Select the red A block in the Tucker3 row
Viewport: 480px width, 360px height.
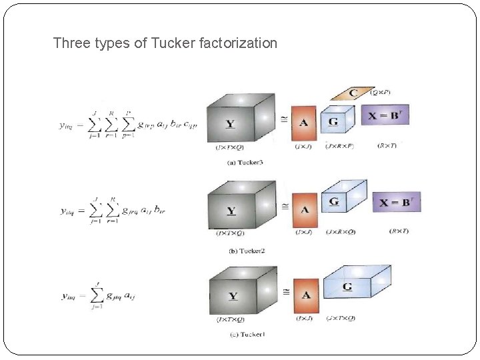point(304,123)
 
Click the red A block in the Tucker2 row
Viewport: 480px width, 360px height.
point(305,210)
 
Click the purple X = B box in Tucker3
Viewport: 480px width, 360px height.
point(385,115)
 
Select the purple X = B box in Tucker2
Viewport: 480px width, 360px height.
point(396,202)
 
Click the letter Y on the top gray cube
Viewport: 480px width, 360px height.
point(230,124)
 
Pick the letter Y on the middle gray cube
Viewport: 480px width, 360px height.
point(231,211)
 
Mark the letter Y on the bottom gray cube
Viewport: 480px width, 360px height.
point(233,296)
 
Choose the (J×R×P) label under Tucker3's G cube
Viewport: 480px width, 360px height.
point(339,146)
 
